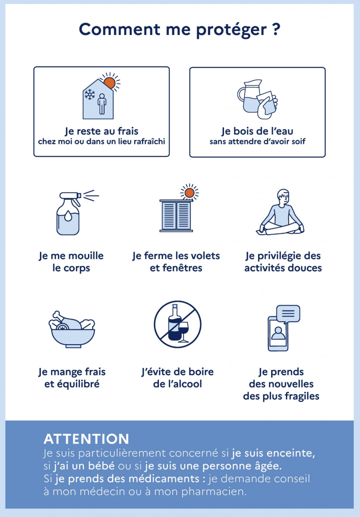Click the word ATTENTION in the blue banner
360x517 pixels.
tap(86, 439)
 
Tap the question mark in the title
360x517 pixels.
tap(277, 29)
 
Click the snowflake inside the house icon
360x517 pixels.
tap(90, 95)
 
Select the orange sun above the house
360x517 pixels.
tap(110, 83)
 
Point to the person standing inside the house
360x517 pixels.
tap(102, 104)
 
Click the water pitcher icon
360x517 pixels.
tap(250, 96)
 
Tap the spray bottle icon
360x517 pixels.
tap(69, 213)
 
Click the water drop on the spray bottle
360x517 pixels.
tap(68, 216)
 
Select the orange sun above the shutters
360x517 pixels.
tap(189, 193)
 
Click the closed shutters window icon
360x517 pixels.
tap(176, 215)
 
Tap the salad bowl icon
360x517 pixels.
tap(72, 330)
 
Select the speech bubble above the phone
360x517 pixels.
tap(288, 314)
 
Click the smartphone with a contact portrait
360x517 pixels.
tap(278, 334)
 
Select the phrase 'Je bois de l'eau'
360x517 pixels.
tap(257, 131)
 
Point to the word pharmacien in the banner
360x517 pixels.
tap(214, 491)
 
